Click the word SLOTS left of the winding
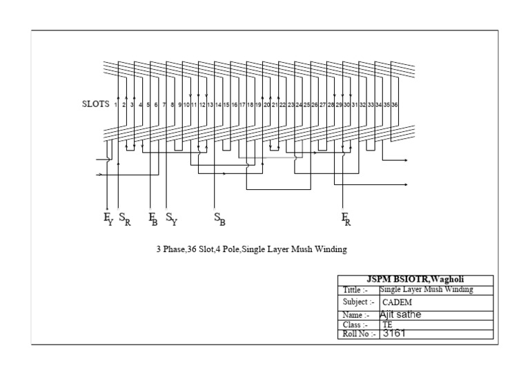tap(95, 104)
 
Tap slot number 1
tap(116, 105)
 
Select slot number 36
tap(394, 105)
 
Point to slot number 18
tap(250, 105)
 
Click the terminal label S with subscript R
tap(124, 219)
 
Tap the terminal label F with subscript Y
tap(108, 219)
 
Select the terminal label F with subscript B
tap(153, 219)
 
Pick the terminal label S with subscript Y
tap(171, 219)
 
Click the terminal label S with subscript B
tap(219, 219)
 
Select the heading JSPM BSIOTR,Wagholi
tap(415, 280)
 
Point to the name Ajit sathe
tap(401, 315)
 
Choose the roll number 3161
tap(394, 334)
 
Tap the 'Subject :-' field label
tap(358, 302)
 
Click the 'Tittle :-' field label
tap(356, 290)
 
